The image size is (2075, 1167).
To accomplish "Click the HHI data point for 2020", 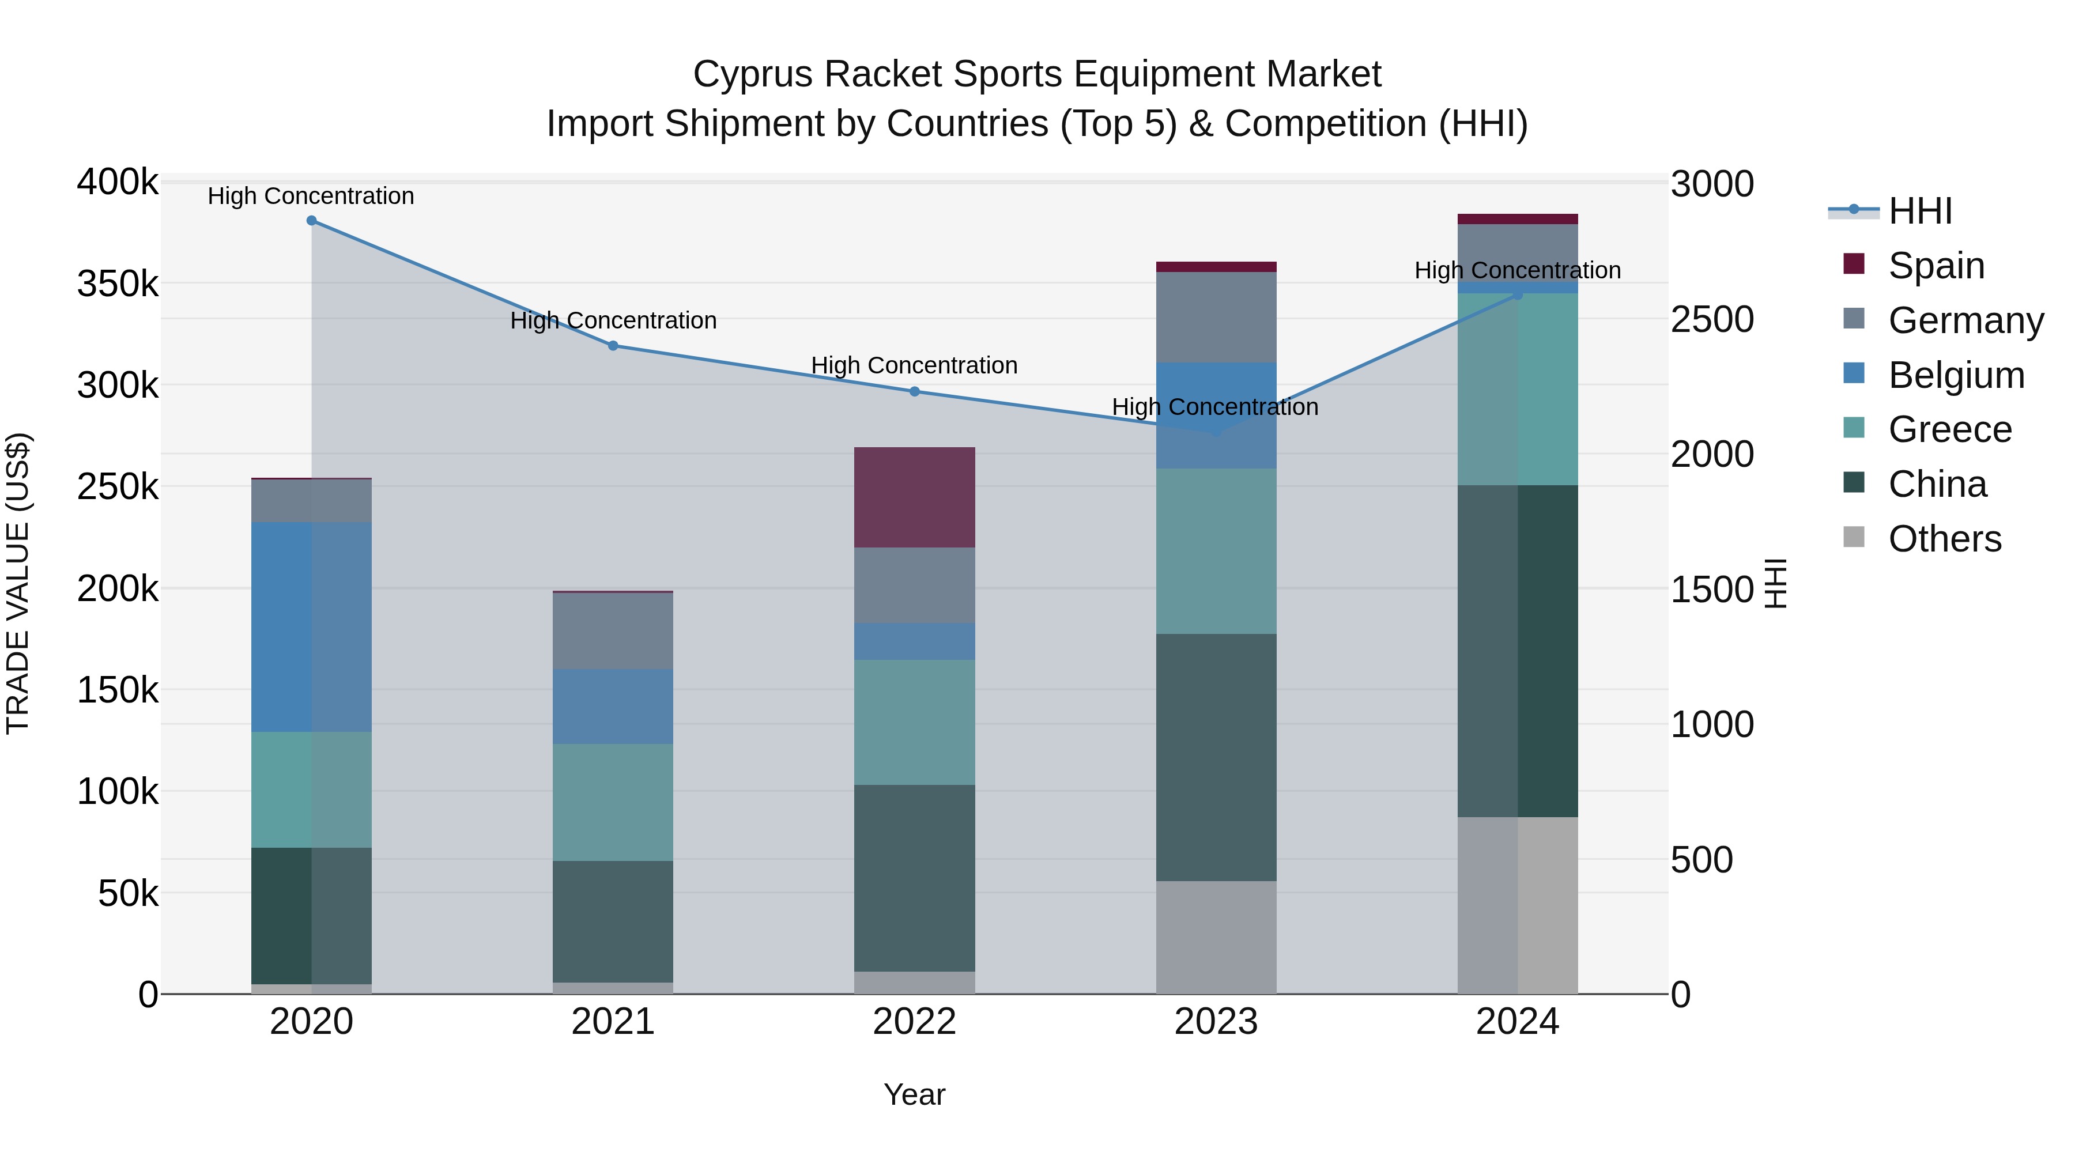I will pos(312,221).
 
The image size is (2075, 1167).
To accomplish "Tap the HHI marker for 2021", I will pos(613,346).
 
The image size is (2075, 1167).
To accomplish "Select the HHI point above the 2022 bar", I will pos(914,391).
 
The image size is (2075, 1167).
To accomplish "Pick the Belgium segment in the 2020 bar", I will pos(312,626).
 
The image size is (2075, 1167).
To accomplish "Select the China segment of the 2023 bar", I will pos(1216,757).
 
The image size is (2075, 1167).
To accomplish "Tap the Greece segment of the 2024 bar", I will pos(1518,389).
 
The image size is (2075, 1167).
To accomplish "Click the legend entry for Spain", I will pos(1936,266).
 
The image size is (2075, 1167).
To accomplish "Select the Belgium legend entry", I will pos(1956,375).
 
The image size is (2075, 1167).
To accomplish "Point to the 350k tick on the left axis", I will pos(118,284).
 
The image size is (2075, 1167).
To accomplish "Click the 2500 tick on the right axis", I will pos(1712,320).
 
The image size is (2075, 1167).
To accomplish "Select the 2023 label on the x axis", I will pos(1216,1022).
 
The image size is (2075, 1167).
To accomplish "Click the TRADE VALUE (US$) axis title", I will pos(18,583).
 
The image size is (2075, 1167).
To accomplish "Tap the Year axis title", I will pos(914,1094).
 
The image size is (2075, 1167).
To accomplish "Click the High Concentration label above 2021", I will pos(613,320).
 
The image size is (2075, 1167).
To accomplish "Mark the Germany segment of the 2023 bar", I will pos(1216,318).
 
